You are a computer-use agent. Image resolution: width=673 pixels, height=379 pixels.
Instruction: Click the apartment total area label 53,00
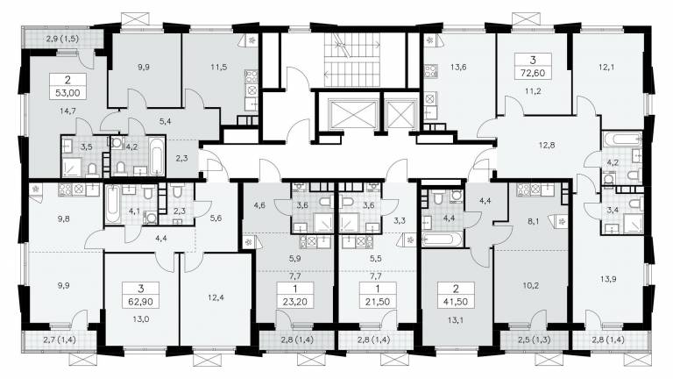pos(67,92)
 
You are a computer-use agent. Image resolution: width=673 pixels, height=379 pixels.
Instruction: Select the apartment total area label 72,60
pos(533,73)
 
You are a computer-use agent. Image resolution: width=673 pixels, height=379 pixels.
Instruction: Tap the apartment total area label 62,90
pos(141,301)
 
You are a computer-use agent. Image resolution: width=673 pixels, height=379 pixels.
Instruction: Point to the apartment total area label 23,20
pos(295,302)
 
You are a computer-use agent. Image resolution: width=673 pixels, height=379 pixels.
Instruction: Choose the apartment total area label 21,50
pos(378,302)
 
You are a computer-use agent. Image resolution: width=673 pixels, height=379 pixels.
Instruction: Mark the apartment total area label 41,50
pos(456,302)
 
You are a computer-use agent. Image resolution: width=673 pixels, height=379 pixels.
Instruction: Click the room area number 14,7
pos(67,111)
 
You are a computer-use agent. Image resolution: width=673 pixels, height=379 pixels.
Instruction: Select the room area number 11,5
pos(219,67)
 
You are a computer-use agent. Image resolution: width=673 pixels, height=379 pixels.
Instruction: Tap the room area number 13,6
pos(458,67)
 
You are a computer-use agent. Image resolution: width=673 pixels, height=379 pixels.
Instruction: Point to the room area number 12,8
pos(547,146)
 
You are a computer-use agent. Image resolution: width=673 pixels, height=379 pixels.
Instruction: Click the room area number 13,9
pos(608,278)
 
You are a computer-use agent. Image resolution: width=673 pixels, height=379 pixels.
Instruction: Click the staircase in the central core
pos(352,60)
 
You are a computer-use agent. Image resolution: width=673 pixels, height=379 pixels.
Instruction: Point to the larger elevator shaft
pos(351,114)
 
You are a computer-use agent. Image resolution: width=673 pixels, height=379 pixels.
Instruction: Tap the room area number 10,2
pos(531,285)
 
